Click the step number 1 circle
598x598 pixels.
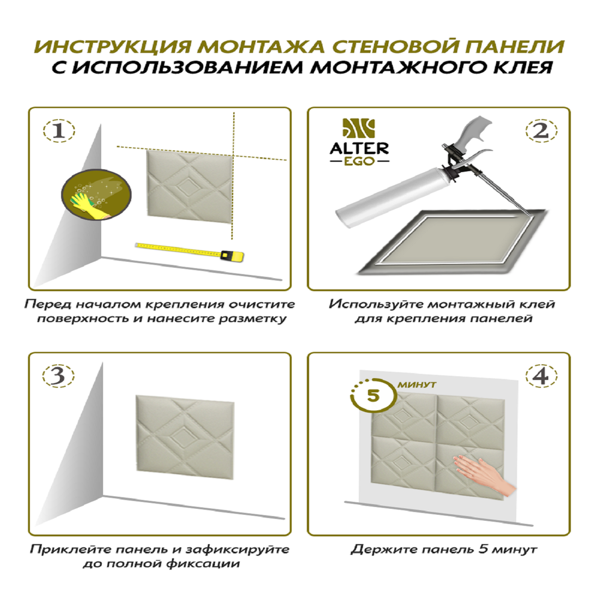59,132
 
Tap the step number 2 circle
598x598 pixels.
541,131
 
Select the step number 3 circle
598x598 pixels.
59,376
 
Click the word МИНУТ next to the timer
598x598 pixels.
416,385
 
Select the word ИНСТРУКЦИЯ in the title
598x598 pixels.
114,47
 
